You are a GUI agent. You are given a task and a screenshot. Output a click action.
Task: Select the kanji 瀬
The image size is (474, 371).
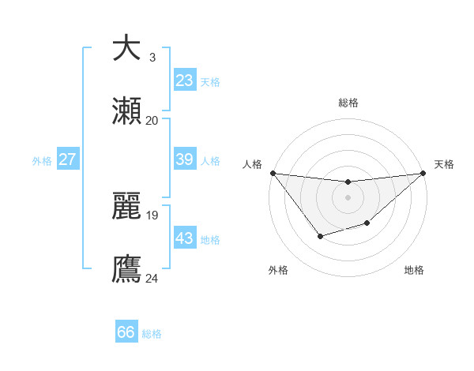click(126, 111)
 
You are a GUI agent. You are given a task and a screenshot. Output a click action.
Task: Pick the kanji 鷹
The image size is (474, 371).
click(126, 268)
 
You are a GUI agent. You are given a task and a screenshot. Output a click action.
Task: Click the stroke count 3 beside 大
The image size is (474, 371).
click(152, 57)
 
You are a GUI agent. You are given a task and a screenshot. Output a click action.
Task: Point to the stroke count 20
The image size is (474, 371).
click(152, 120)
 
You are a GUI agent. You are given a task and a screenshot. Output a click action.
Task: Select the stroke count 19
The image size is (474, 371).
click(152, 214)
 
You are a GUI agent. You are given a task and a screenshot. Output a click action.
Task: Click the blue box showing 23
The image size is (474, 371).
click(184, 80)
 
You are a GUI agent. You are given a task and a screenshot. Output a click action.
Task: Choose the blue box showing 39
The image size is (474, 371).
click(184, 159)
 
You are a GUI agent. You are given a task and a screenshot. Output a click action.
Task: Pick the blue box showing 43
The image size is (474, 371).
click(184, 238)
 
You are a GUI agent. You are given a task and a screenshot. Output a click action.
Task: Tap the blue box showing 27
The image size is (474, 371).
click(67, 159)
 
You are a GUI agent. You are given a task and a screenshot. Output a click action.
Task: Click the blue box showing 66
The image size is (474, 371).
click(126, 332)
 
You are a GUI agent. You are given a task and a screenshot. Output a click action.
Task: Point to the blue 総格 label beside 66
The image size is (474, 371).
click(152, 334)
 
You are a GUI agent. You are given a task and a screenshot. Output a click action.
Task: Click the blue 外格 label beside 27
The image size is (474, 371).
click(42, 161)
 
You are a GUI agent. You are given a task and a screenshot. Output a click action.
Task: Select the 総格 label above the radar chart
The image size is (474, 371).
click(348, 103)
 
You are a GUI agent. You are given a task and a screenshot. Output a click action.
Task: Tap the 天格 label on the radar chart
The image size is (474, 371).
click(445, 164)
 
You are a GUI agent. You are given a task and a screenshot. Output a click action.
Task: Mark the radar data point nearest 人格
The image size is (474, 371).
click(273, 173)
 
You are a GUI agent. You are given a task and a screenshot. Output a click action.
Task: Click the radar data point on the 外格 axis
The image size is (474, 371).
click(320, 236)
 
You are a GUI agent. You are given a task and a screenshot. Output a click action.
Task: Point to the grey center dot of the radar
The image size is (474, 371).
click(348, 197)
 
